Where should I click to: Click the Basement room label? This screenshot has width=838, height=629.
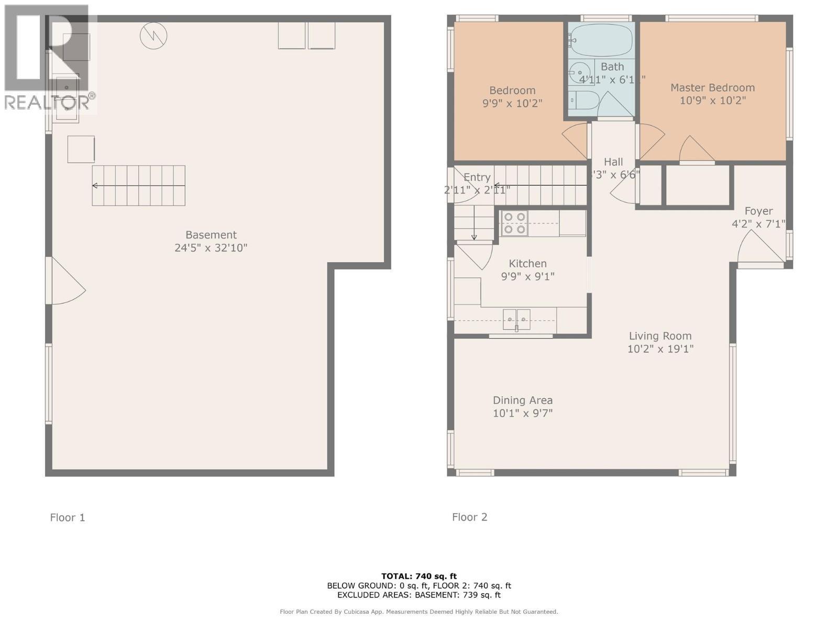point(211,235)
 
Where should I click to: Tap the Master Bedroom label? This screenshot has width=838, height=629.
point(712,88)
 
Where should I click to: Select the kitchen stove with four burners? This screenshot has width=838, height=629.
point(514,223)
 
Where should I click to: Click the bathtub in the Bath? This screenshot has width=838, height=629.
point(601,40)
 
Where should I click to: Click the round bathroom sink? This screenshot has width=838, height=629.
point(579,70)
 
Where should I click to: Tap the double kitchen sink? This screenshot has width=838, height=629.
point(516,319)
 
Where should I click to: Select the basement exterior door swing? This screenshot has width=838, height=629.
point(67,283)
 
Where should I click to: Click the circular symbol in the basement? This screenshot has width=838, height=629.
point(153,36)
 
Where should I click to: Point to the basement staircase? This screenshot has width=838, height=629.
point(139,186)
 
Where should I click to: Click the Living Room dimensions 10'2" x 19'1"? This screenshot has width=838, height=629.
point(660,349)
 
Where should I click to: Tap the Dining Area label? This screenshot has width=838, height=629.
point(522,400)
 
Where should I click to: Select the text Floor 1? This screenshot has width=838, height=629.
point(67,517)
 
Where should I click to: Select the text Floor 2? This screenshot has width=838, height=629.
point(469,517)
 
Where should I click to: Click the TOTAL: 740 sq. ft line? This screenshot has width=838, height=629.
point(419,576)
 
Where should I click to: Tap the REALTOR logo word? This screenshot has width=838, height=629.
point(47,102)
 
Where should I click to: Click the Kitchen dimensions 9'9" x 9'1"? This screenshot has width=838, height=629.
point(527,276)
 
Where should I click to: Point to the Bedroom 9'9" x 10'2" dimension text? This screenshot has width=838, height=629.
point(512,103)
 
